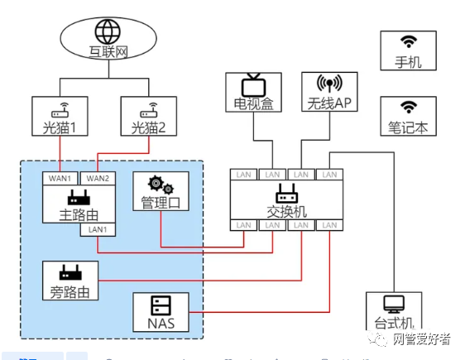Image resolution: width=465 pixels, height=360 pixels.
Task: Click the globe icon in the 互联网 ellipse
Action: click(x=108, y=31)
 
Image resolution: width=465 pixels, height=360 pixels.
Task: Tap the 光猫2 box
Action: click(x=149, y=117)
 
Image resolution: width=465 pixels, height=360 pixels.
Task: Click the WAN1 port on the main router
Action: click(x=60, y=178)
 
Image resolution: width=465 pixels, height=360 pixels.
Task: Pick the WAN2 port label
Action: click(x=98, y=178)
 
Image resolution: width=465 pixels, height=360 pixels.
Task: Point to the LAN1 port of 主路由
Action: click(x=98, y=229)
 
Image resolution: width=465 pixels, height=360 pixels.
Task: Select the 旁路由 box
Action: click(x=70, y=281)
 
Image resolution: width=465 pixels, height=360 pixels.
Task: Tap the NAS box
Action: click(x=161, y=312)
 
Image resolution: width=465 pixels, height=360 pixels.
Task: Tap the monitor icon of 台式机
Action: click(x=393, y=304)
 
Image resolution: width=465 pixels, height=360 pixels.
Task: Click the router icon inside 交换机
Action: click(x=287, y=194)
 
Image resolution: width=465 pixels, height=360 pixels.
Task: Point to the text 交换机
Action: click(x=287, y=211)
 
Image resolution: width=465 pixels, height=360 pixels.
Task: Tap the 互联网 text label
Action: click(x=108, y=51)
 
